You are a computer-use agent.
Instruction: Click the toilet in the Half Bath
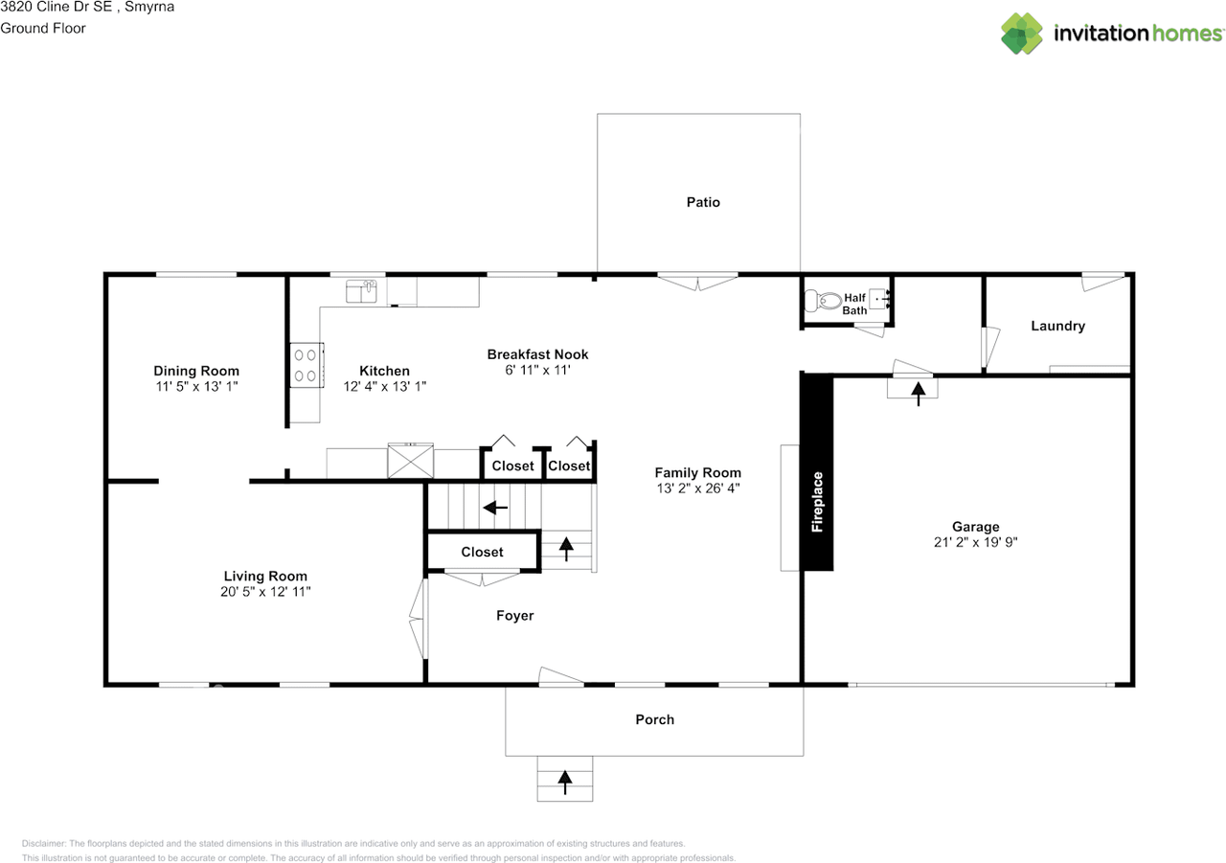[x=823, y=301]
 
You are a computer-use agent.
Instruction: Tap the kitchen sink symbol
[x=361, y=291]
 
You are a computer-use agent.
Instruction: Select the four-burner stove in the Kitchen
[x=306, y=365]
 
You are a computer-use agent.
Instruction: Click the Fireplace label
[x=817, y=501]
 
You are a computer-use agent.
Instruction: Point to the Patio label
[x=703, y=202]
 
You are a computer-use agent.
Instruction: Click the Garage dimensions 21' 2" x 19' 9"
[x=975, y=542]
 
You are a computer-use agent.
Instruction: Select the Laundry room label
[x=1058, y=327]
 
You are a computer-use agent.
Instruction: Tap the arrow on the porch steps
[x=565, y=782]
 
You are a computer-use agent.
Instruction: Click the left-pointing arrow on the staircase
[x=495, y=508]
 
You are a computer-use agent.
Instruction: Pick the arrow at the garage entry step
[x=919, y=394]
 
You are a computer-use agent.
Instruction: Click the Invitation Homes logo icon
[x=1021, y=34]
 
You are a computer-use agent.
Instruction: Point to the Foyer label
[x=515, y=616]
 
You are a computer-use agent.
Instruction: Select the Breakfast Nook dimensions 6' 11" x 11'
[x=537, y=370]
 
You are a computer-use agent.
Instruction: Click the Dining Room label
[x=196, y=371]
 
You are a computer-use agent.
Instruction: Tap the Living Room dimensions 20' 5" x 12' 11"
[x=265, y=592]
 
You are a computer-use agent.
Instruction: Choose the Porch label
[x=654, y=719]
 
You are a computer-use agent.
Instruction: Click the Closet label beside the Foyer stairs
[x=482, y=552]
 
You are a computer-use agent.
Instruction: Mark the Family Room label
[x=698, y=472]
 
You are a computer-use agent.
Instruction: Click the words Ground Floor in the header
[x=43, y=28]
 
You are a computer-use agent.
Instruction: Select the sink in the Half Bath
[x=878, y=299]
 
